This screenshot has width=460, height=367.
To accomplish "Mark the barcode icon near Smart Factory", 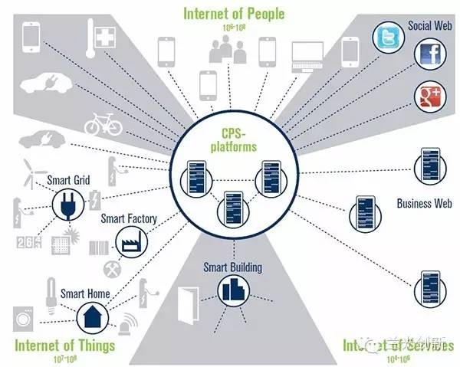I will (x=99, y=247).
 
